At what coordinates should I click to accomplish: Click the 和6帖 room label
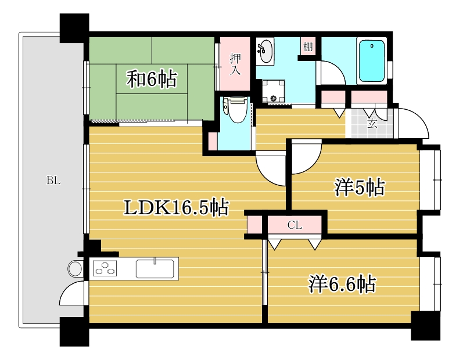tap(152, 79)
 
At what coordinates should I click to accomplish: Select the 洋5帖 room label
tap(359, 187)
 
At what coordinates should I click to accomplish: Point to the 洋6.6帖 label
tap(342, 284)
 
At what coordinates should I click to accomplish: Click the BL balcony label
tap(53, 181)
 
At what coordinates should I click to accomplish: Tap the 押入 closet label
tap(235, 64)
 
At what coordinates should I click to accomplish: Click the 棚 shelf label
tap(307, 47)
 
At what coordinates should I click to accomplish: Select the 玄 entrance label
tap(370, 123)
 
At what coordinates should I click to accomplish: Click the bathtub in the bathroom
tap(372, 61)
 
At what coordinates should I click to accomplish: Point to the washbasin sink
tap(265, 51)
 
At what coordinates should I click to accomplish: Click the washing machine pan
tap(272, 91)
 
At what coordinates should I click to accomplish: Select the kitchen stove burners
tap(105, 269)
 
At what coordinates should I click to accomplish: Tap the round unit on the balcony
tap(76, 269)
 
